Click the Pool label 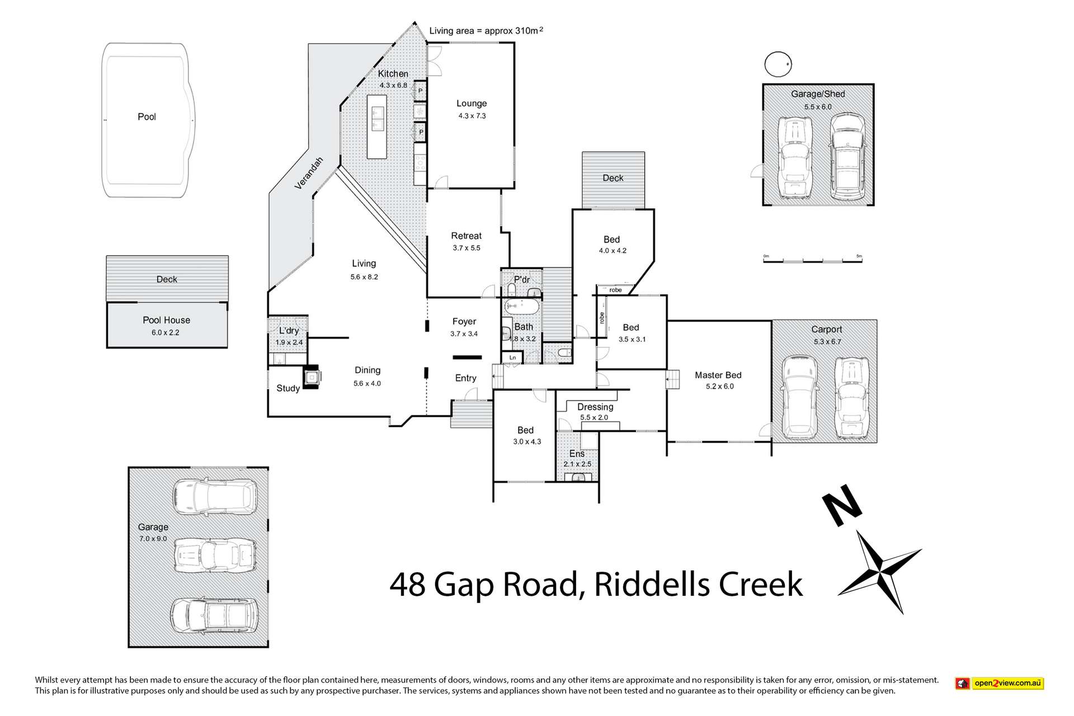click(147, 117)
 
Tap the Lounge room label click(472, 103)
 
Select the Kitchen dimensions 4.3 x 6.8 click(393, 86)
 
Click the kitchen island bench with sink click(376, 126)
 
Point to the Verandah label click(309, 173)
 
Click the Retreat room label click(466, 236)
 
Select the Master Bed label click(718, 375)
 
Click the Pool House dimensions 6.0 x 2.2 click(166, 332)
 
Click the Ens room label click(577, 454)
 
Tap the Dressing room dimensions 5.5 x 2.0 click(593, 417)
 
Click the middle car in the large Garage click(214, 555)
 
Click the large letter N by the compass click(842, 506)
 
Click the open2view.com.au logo click(1000, 683)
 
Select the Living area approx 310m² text click(486, 31)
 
